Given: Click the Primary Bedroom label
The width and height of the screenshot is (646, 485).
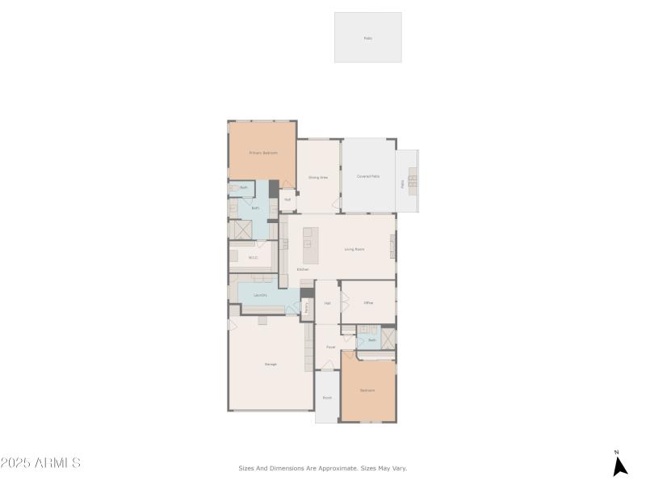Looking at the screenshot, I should coord(263,153).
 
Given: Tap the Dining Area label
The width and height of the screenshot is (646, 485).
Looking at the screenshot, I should coord(318,177).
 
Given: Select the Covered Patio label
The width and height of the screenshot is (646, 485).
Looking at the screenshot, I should coord(368,176).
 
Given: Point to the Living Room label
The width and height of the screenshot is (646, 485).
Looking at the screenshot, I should coord(354,249).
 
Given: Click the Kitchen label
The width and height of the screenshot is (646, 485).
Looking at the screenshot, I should coord(303,269).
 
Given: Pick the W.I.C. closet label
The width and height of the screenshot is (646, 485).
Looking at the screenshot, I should coord(253,258).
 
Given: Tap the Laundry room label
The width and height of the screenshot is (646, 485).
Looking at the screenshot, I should coord(260,295).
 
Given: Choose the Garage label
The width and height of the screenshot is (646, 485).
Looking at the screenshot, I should coord(271,364).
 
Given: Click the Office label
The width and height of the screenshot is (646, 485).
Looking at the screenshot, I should coord(368,302).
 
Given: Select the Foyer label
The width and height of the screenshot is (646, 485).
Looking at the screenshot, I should coord(331,347).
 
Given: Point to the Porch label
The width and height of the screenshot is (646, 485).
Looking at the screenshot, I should coord(327,398).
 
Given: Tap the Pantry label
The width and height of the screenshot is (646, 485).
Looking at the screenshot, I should coord(307,307).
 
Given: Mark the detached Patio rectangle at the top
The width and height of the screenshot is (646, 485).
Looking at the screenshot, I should coord(368,37).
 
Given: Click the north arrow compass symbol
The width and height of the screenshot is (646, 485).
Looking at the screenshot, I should coord(619,465).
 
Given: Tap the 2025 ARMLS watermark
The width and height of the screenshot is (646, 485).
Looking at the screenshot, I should coord(40,463).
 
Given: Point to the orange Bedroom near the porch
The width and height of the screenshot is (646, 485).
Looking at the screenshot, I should coord(368,390).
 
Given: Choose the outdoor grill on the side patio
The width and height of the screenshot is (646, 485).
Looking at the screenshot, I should coord(412,181).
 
